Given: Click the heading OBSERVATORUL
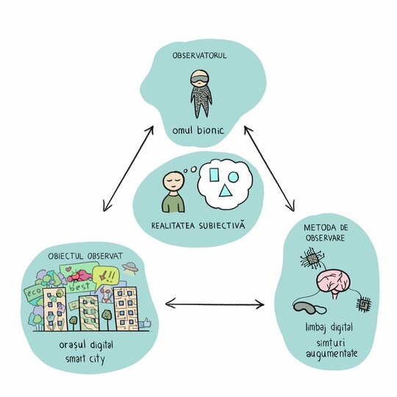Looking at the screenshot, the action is [x=199, y=55].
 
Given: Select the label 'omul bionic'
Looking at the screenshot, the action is [x=198, y=131].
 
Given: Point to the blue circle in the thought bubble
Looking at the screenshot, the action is [x=233, y=177].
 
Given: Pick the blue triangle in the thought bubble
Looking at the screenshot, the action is [x=225, y=191].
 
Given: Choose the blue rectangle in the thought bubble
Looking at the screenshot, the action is [x=214, y=175].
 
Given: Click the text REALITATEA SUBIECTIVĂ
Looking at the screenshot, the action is [x=198, y=226].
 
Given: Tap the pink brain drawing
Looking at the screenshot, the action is [x=334, y=283].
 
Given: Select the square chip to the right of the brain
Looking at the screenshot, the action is [x=364, y=304].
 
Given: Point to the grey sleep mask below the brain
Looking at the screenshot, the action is [x=307, y=307].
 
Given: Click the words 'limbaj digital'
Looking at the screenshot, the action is [x=329, y=328].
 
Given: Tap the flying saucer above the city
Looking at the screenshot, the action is [x=130, y=268].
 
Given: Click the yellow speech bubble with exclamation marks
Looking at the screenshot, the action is [x=107, y=276].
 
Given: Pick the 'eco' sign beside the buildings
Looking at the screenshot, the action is [x=34, y=293].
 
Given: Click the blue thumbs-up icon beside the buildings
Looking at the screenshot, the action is [x=146, y=323].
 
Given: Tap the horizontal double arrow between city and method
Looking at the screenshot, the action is [x=215, y=304].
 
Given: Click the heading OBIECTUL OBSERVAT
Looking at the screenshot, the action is [x=85, y=256].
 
